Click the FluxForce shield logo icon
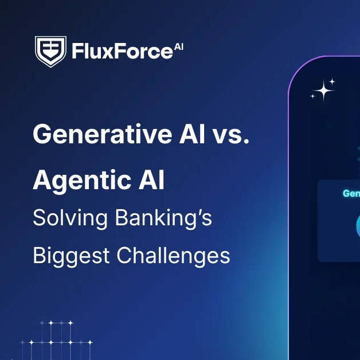[50, 51]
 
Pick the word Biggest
[66, 255]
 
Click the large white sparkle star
[324, 90]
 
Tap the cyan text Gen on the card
[351, 194]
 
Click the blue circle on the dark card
[357, 225]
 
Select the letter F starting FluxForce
[77, 52]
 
